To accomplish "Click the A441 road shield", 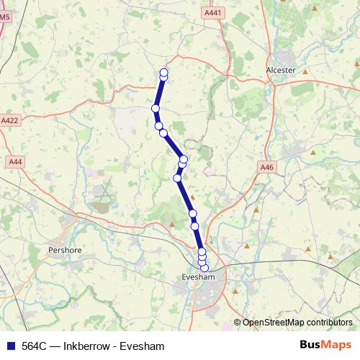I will pyautogui.click(x=213, y=13).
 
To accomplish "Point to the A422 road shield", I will pyautogui.click(x=10, y=121).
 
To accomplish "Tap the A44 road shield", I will pyautogui.click(x=14, y=162).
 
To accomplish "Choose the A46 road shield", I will pyautogui.click(x=267, y=167).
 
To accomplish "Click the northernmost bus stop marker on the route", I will pyautogui.click(x=164, y=72).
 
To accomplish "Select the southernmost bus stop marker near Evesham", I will pyautogui.click(x=204, y=268).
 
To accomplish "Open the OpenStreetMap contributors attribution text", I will pyautogui.click(x=297, y=323).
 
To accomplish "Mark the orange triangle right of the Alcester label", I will pyautogui.click(x=305, y=71).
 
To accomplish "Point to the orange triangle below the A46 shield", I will pyautogui.click(x=256, y=210).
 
